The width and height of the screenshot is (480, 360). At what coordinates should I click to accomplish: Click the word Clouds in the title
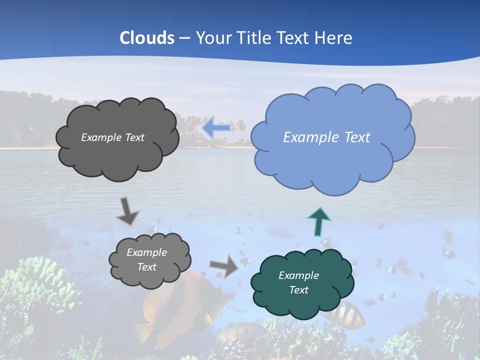(147, 38)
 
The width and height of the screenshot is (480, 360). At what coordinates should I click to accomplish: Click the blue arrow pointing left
(216, 127)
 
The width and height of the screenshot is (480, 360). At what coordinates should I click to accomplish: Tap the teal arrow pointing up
(318, 221)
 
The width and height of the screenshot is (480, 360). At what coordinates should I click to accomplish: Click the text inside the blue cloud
(326, 137)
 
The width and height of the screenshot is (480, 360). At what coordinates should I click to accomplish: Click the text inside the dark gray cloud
(112, 137)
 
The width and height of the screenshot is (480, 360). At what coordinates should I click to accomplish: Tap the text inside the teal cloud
(298, 282)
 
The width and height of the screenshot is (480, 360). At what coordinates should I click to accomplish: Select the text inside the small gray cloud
(146, 260)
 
